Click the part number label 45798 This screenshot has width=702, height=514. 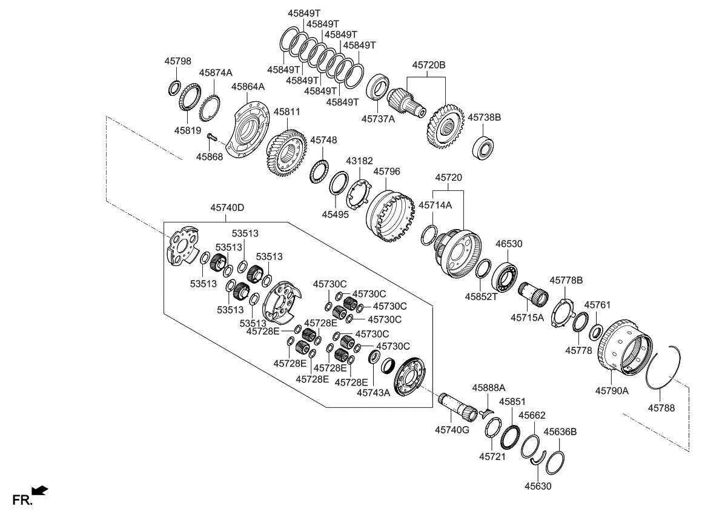click(x=177, y=61)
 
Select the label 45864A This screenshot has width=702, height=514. click(x=248, y=87)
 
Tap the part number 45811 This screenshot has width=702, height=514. click(x=286, y=112)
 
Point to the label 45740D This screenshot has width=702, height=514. click(x=227, y=207)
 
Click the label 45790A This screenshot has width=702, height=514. click(x=612, y=391)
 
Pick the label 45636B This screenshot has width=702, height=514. click(x=560, y=432)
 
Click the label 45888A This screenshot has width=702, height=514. click(x=489, y=387)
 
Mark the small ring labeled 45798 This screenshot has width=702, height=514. click(x=174, y=88)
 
